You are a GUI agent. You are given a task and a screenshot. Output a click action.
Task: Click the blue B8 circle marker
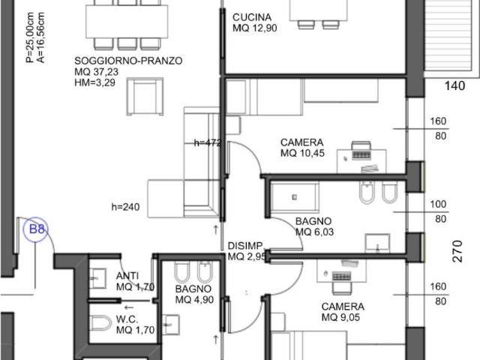[36, 229]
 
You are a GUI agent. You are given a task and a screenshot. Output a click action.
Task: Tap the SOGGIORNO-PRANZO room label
[128, 61]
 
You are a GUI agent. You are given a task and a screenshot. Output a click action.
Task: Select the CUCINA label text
[252, 17]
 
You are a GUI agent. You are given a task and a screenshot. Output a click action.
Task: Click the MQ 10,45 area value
[302, 153]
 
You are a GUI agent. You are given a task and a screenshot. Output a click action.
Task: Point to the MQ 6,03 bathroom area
[314, 232]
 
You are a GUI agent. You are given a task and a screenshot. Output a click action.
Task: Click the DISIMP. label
[245, 245]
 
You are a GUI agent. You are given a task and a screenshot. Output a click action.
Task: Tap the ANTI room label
[127, 276]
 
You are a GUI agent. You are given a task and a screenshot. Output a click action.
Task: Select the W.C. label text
[127, 319]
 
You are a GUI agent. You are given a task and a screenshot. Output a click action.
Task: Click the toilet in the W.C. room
[100, 323]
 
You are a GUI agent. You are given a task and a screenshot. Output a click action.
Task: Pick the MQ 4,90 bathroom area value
[194, 300]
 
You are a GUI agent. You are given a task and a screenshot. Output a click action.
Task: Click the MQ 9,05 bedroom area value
[340, 317]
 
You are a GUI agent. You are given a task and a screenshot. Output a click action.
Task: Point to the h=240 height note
[125, 207]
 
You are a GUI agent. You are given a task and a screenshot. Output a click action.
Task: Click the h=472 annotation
[208, 142]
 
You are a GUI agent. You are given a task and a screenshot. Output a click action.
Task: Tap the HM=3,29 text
[95, 82]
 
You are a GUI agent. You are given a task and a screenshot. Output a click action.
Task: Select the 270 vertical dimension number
[457, 251]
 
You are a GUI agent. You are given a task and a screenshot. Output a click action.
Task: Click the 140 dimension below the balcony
[454, 85]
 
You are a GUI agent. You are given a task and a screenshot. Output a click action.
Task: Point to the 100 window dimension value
[438, 204]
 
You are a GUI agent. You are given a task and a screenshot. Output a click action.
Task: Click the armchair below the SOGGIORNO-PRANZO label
[145, 97]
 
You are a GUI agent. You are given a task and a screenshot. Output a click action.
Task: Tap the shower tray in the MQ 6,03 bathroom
[295, 197]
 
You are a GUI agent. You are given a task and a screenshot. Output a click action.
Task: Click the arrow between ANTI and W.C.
[129, 307]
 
